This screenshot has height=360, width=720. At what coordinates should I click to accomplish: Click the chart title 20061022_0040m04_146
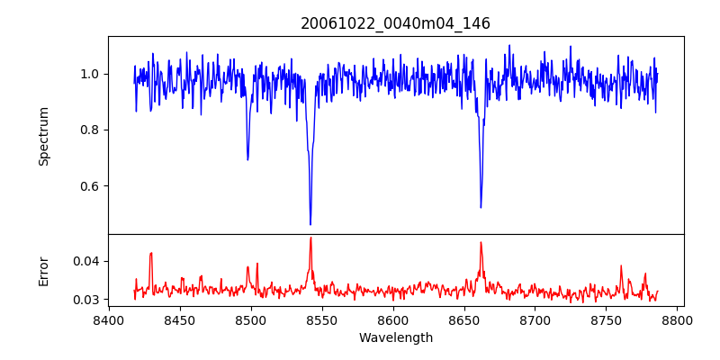pyautogui.click(x=395, y=23)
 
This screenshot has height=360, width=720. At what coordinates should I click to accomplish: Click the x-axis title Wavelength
pyautogui.click(x=395, y=338)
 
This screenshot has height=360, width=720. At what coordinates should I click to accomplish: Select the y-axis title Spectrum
pyautogui.click(x=43, y=136)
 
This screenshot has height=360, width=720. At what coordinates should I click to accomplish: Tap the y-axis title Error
pyautogui.click(x=43, y=271)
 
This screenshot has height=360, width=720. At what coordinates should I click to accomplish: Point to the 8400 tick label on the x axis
pyautogui.click(x=109, y=319)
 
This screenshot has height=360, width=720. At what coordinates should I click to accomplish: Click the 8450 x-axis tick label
pyautogui.click(x=180, y=319)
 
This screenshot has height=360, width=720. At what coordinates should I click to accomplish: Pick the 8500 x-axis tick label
pyautogui.click(x=251, y=319)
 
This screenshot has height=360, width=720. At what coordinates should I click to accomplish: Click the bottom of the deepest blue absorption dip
pyautogui.click(x=310, y=224)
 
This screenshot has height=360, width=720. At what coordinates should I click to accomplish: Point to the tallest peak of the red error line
pyautogui.click(x=310, y=238)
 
